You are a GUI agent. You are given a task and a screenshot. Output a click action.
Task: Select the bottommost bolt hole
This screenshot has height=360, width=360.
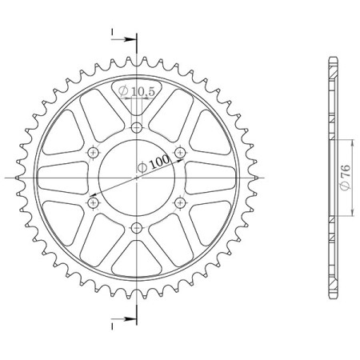[x=137, y=227]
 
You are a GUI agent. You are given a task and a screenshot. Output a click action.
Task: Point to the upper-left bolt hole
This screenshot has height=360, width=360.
[x=94, y=153]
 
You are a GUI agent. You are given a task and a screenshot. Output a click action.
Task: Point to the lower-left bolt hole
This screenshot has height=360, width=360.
[x=94, y=202]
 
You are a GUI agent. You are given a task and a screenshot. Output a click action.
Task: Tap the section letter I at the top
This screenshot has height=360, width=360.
[x=114, y=33]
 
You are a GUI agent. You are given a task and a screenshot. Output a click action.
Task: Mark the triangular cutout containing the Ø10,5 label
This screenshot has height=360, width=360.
[x=137, y=94]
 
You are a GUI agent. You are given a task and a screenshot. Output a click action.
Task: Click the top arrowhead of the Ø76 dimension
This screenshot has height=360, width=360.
[x=349, y=139]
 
